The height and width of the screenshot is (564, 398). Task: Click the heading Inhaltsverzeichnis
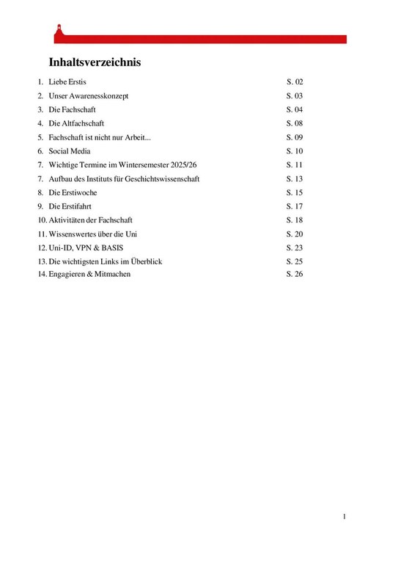pyautogui.click(x=95, y=62)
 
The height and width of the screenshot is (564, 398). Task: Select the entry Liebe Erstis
pyautogui.click(x=67, y=82)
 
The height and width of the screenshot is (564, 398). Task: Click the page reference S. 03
pyautogui.click(x=295, y=96)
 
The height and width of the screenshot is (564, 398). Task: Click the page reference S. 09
pyautogui.click(x=295, y=137)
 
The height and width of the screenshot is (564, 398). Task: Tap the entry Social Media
pyautogui.click(x=70, y=151)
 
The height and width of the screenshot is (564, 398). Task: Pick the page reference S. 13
pyautogui.click(x=295, y=178)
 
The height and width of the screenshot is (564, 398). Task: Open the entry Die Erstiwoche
pyautogui.click(x=73, y=192)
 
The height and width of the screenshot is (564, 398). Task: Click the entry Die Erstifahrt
pyautogui.click(x=70, y=206)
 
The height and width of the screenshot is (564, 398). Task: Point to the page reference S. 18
pyautogui.click(x=295, y=220)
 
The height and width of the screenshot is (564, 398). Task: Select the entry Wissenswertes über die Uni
pyautogui.click(x=93, y=234)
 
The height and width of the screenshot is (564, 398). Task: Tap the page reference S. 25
pyautogui.click(x=295, y=261)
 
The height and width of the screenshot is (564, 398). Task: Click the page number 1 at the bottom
pyautogui.click(x=344, y=517)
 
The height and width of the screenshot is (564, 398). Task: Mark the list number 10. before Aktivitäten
pyautogui.click(x=43, y=220)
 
